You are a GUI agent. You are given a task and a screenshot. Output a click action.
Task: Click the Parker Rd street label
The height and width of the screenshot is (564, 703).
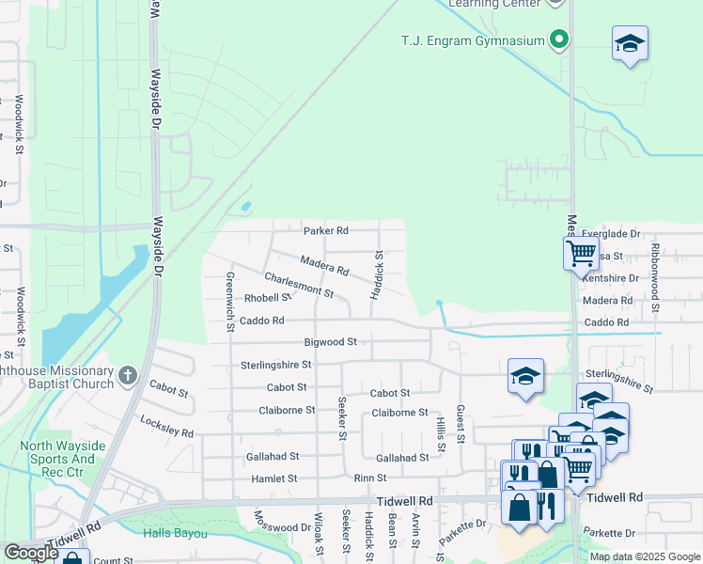pyautogui.click(x=325, y=230)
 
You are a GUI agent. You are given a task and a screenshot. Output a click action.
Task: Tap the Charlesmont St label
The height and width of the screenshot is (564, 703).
pyautogui.click(x=300, y=285)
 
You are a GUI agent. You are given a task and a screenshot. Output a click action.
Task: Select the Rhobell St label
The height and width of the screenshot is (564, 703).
pyautogui.click(x=268, y=297)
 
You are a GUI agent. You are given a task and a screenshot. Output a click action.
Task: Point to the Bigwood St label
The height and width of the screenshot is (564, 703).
pyautogui.click(x=331, y=343)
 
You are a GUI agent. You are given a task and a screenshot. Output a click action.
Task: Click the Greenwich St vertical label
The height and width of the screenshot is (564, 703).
pyautogui.click(x=229, y=302)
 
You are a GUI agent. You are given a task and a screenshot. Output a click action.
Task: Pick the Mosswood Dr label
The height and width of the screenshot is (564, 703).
pyautogui.click(x=282, y=522)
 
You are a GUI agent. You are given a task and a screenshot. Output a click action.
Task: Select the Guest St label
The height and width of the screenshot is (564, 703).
pyautogui.click(x=461, y=423)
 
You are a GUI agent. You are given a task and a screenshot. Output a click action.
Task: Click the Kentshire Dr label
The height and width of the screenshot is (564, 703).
pyautogui.click(x=611, y=278)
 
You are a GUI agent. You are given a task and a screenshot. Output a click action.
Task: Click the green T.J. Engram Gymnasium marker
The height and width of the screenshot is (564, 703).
pyautogui.click(x=560, y=40)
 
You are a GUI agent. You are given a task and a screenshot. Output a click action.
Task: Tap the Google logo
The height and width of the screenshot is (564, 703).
pyautogui.click(x=31, y=553)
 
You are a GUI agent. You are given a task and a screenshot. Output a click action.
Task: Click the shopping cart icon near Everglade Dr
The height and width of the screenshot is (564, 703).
pyautogui.click(x=581, y=252)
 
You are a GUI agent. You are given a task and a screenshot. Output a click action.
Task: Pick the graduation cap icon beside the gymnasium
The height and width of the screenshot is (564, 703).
pyautogui.click(x=630, y=43)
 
